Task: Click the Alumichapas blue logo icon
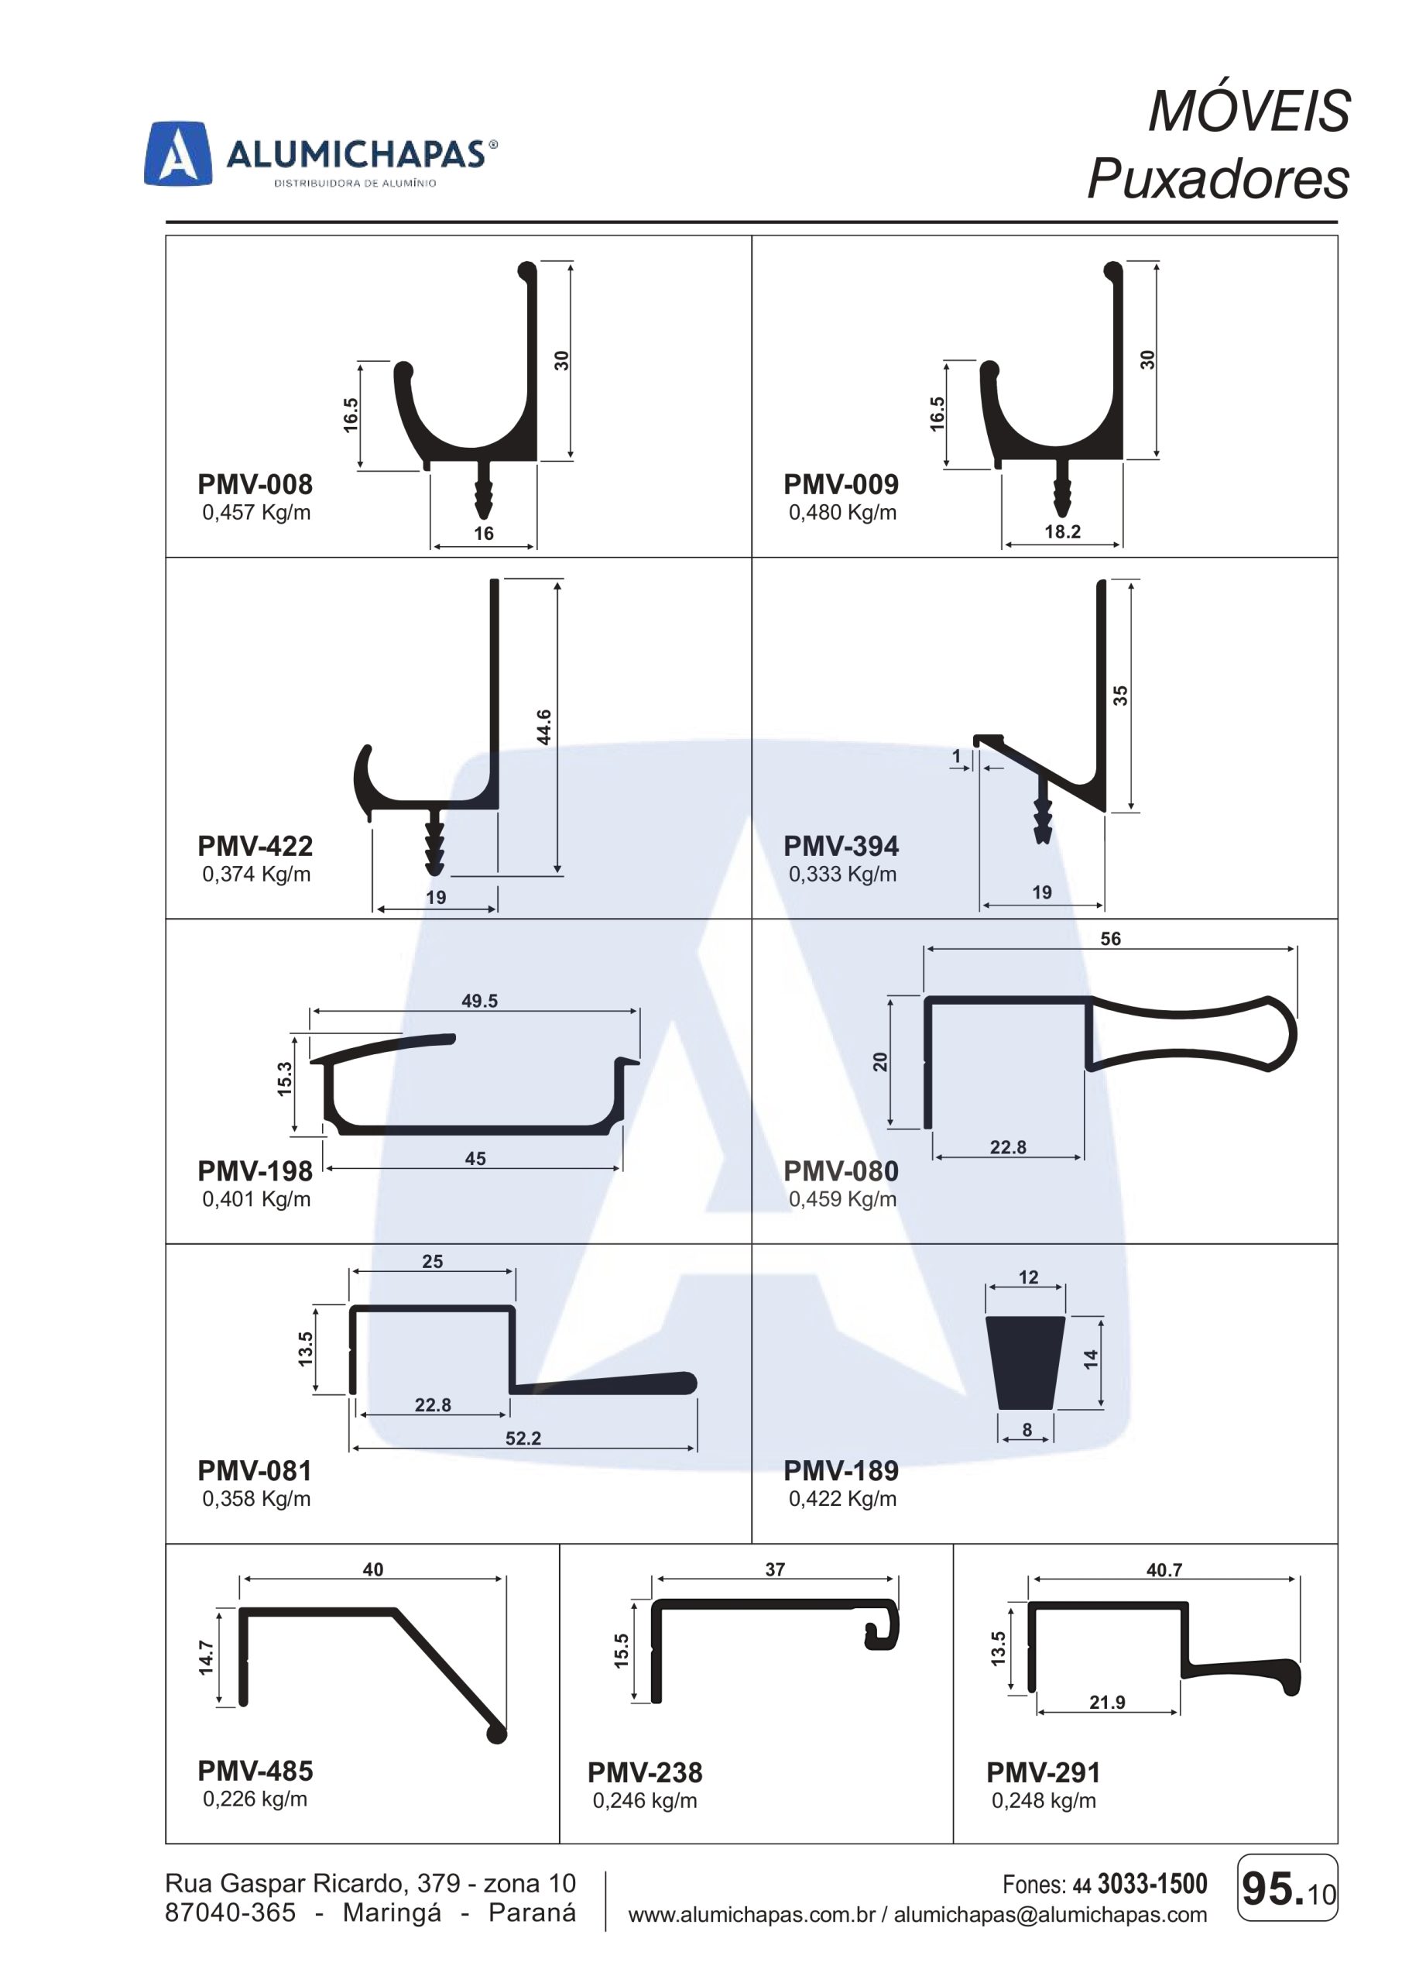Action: pos(178,153)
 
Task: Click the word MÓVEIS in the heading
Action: pos(1249,112)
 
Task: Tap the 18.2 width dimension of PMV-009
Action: pos(1062,531)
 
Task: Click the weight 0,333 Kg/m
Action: pos(842,874)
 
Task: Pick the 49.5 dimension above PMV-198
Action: pos(479,1000)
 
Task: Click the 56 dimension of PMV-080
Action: pos(1110,939)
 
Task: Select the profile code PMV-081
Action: pos(255,1470)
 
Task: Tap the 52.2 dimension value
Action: pos(523,1438)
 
